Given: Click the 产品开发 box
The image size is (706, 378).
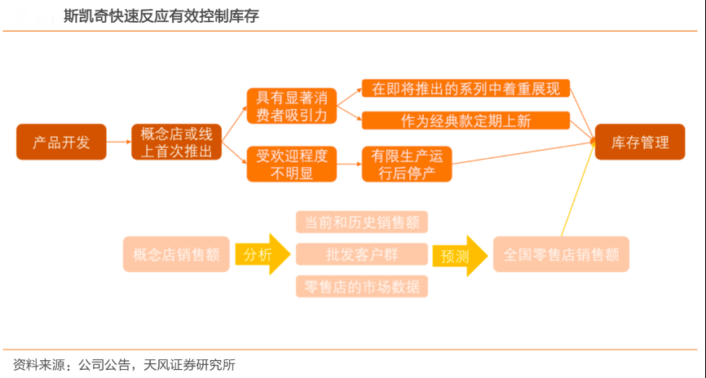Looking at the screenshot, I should [61, 142].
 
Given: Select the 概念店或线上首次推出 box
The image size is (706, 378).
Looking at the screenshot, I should [177, 142].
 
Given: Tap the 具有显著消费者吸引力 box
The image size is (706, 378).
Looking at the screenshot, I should [291, 106].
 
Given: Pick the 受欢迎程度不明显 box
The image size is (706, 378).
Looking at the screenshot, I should [291, 164].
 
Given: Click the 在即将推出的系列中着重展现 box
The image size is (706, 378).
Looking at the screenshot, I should [466, 89].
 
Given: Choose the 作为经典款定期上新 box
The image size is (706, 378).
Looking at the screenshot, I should [466, 121].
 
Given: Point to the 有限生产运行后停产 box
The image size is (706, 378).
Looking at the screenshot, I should [406, 164].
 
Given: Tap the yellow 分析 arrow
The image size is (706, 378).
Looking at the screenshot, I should [261, 254].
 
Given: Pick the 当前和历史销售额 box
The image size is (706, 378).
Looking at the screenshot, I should [361, 222].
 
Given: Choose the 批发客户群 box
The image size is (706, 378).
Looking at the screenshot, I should [361, 254].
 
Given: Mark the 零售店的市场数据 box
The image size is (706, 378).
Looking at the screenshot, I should [361, 287].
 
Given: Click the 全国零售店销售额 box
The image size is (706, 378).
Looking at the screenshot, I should [561, 254].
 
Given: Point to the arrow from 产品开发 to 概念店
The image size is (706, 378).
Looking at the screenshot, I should [119, 142].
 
